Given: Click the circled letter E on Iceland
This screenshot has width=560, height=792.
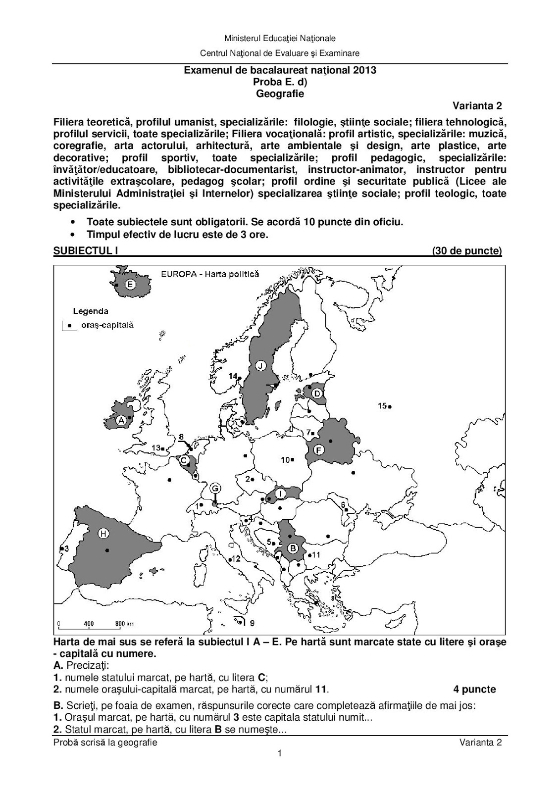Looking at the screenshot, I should coord(130,285).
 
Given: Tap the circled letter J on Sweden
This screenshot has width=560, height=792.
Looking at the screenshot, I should coord(260,366).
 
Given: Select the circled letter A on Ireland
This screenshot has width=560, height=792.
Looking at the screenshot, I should coord(120,421).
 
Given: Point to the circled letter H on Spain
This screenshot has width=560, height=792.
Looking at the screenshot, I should coord(103,533).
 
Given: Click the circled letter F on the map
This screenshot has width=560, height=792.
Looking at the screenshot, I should coord(319,450).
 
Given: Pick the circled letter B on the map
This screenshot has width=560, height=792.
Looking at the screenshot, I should coord(292,548).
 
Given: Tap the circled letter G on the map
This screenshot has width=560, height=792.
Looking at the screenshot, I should coord(215,489).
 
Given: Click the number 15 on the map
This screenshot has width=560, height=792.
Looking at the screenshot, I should coord(382,406).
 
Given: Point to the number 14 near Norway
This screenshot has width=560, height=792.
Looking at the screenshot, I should coord(232,376).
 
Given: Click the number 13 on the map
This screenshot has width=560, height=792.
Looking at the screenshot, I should coord(156,448).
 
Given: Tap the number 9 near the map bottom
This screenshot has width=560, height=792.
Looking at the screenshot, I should coord(252,622).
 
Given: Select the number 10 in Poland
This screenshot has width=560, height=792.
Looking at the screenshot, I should coord(285,460).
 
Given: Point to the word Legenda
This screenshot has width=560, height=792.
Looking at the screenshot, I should coord(90,311).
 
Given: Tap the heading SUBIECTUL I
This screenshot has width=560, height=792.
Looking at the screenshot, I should coord(85,251).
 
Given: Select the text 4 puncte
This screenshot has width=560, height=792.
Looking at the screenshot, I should coord(474,689).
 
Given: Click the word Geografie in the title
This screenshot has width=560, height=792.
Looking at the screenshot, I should coord(280,93).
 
